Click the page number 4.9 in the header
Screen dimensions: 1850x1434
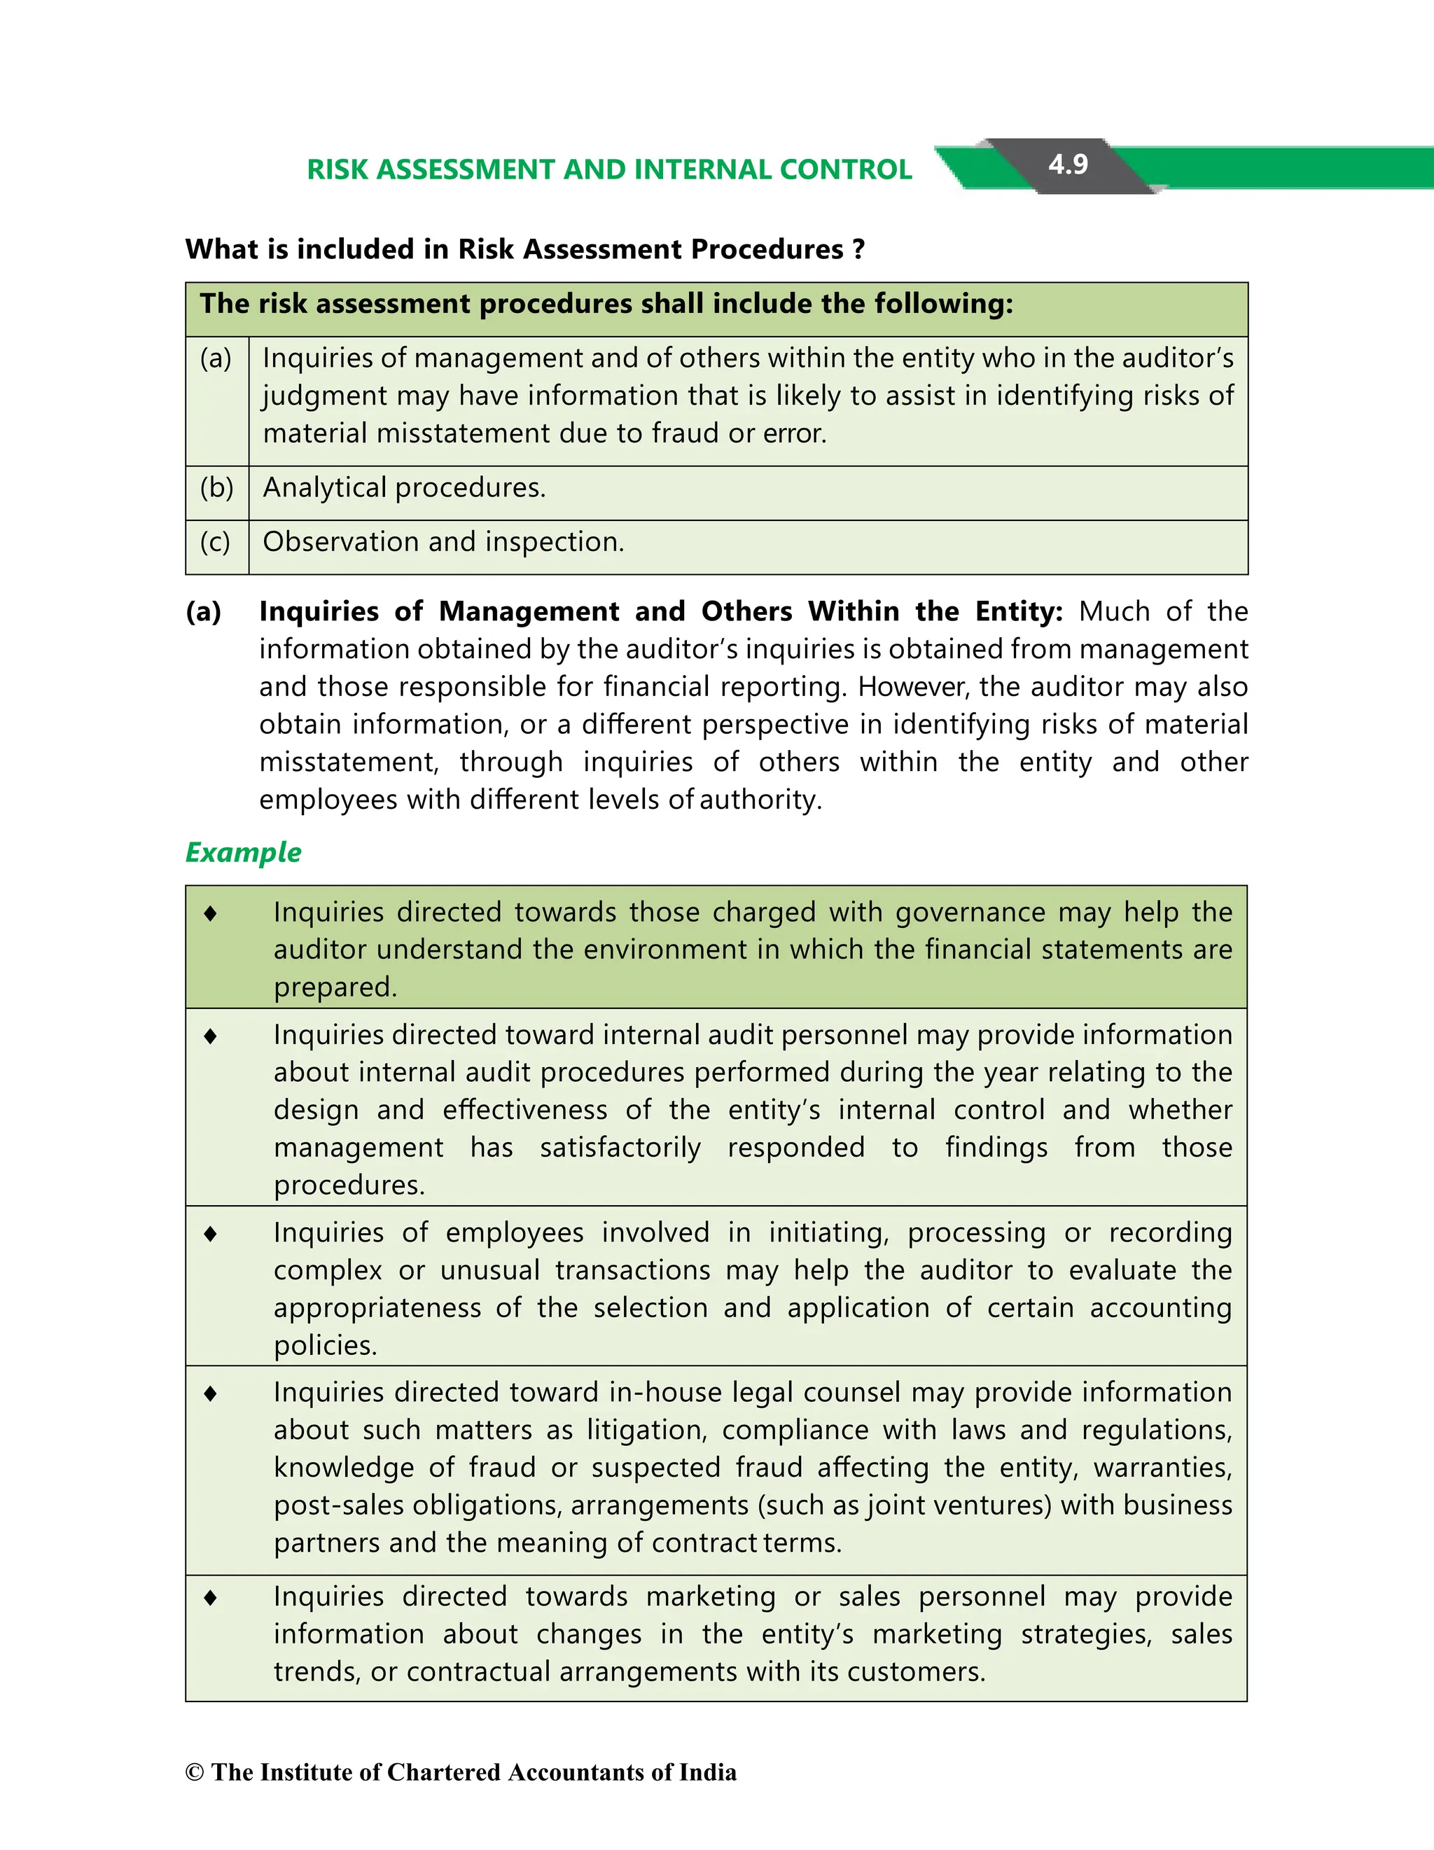click(1067, 165)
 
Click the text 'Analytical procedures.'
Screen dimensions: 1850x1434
click(404, 488)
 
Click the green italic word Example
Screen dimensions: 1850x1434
click(243, 852)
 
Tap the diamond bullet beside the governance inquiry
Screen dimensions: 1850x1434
click(211, 913)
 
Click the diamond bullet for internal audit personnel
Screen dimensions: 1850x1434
click(211, 1036)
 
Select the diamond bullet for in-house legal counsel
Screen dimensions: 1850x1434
click(211, 1393)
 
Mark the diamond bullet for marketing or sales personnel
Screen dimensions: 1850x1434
click(211, 1598)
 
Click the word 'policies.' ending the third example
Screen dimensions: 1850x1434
click(324, 1345)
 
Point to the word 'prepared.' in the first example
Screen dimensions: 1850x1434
click(335, 987)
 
